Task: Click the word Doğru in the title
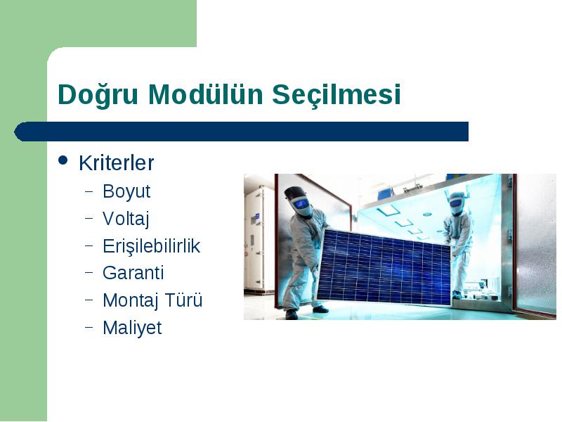click(98, 94)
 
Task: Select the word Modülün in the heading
click(206, 94)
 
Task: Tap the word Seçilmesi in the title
click(336, 95)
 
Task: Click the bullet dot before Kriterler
click(63, 160)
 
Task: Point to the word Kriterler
click(116, 163)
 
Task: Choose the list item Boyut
click(126, 191)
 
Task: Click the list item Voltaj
click(126, 219)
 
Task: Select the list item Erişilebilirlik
click(151, 246)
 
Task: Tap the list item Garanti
click(133, 273)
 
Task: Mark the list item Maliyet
click(132, 328)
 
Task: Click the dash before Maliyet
click(89, 328)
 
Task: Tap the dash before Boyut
click(89, 191)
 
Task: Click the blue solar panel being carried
click(384, 267)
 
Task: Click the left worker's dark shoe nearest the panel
click(320, 309)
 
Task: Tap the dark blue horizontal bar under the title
click(241, 132)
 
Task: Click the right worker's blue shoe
click(457, 295)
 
